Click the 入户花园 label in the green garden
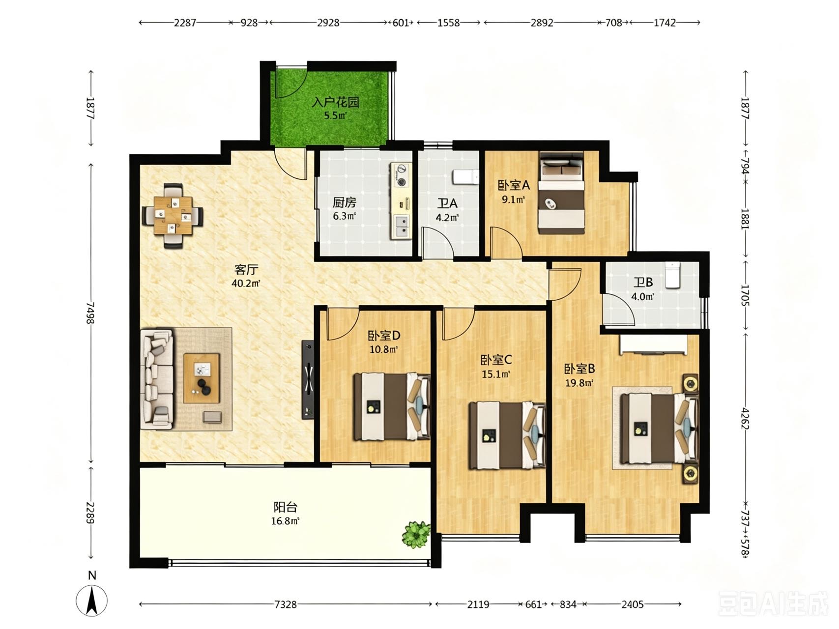336,102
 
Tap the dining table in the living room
173,215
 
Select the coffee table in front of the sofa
202,378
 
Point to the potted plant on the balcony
416,535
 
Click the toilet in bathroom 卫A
465,177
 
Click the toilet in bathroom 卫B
672,275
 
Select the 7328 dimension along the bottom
285,604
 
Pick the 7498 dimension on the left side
90,313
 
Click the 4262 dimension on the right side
745,418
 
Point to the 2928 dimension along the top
328,23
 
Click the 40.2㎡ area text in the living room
246,283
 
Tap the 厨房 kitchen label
344,202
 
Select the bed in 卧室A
561,193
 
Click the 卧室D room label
384,336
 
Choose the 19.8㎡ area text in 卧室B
579,382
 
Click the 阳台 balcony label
285,507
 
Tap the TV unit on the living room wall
308,379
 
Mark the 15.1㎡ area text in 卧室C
495,374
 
